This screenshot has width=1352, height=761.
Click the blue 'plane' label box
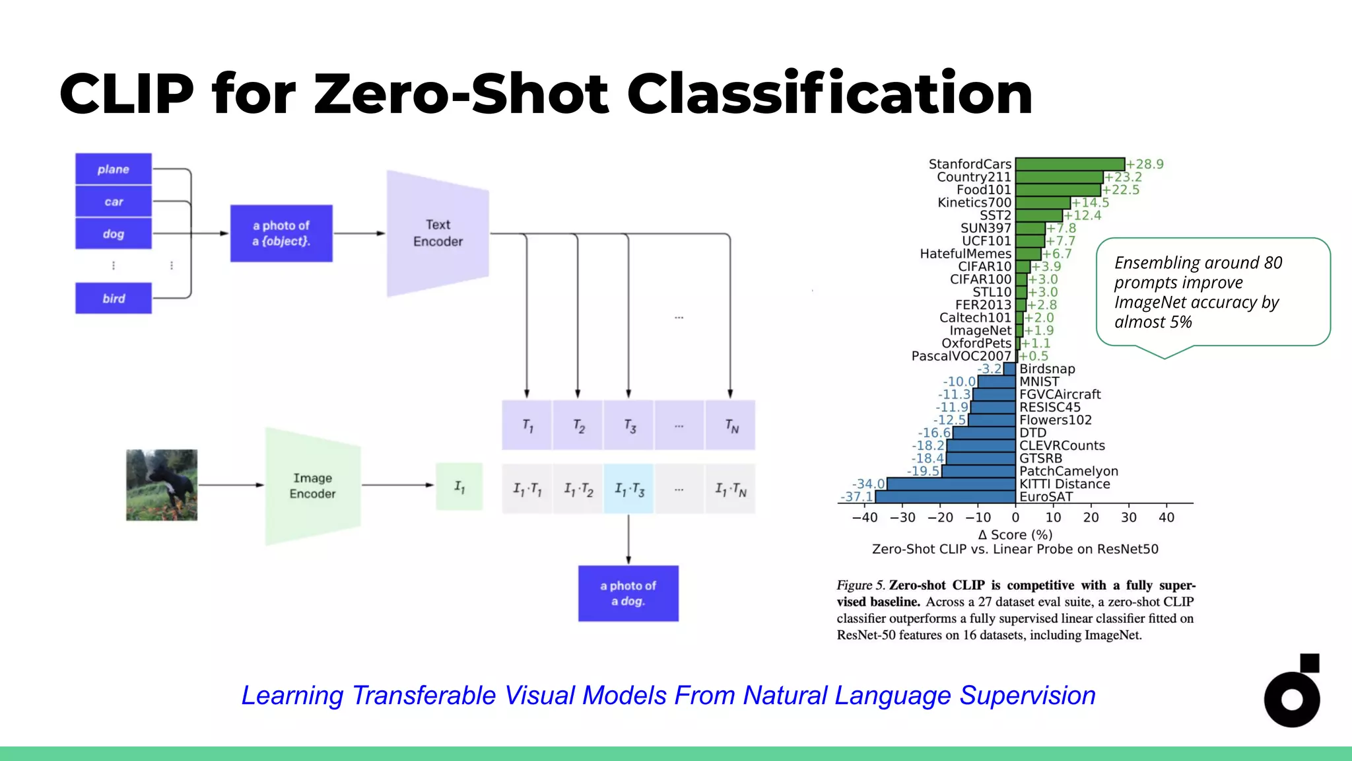click(113, 169)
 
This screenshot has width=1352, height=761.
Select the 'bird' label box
click(113, 298)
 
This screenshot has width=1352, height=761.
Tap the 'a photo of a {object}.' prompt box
click(281, 233)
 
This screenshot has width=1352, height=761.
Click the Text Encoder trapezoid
click(438, 233)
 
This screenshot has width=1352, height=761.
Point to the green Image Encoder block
click(313, 486)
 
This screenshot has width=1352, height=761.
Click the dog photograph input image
click(162, 485)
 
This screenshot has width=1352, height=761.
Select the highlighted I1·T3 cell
click(628, 489)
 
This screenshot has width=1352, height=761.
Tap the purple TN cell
click(731, 425)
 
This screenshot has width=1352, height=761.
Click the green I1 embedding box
click(459, 487)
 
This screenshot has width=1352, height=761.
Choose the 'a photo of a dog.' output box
click(628, 593)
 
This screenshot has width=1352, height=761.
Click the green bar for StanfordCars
click(1069, 164)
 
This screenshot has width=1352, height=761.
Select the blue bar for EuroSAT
click(945, 497)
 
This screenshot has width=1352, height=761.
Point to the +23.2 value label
click(1124, 177)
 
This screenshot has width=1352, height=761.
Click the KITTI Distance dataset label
click(1064, 484)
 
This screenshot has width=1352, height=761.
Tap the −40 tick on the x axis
click(864, 517)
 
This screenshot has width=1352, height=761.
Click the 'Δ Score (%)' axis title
click(1015, 534)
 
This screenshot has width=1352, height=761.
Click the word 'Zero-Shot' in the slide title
click(461, 94)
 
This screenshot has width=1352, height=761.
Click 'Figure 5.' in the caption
click(860, 585)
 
